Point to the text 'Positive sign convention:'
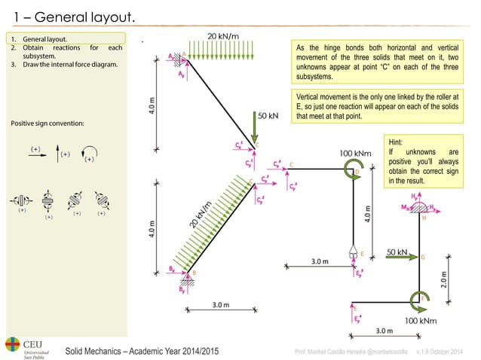point(47,123)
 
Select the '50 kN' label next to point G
point(397,252)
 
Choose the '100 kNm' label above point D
point(355,153)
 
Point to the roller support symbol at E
point(353,253)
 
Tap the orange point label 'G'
point(423,258)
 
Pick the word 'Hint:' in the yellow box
point(398,141)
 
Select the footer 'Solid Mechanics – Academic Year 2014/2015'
point(142,352)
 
